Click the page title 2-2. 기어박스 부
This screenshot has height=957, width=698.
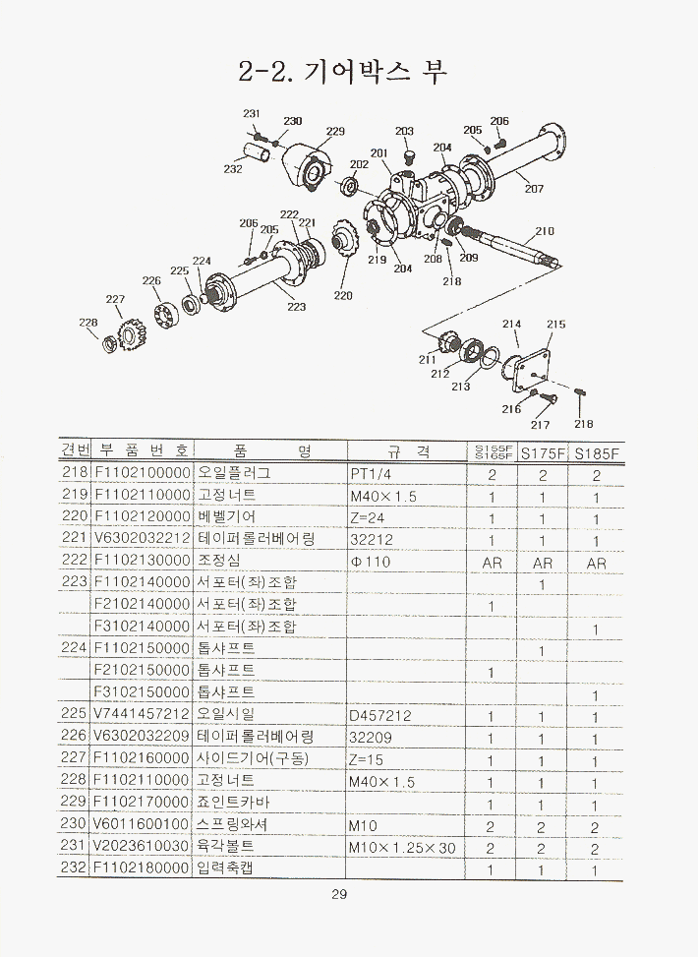tap(342, 72)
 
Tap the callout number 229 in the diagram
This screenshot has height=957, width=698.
tap(335, 131)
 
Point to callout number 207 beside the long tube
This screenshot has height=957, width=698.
tap(534, 189)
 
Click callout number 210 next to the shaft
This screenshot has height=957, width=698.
tap(545, 233)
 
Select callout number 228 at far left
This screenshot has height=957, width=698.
tap(88, 322)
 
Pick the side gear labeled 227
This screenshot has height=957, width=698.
tap(127, 332)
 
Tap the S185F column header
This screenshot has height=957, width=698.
tap(597, 453)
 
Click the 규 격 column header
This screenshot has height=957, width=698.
tap(407, 451)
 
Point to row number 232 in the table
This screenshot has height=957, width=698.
tap(75, 869)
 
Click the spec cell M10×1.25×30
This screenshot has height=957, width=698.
tap(402, 848)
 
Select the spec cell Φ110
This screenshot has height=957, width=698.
tap(370, 562)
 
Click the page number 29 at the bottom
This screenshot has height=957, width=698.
tap(339, 895)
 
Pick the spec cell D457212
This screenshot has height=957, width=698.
tap(379, 715)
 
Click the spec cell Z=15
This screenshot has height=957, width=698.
tap(367, 759)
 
